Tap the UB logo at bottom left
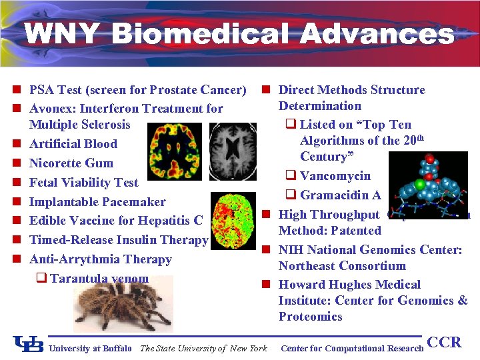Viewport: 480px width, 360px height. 28,344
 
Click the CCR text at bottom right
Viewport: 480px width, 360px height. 443,343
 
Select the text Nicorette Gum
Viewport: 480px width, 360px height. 71,163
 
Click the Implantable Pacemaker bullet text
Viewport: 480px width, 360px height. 97,202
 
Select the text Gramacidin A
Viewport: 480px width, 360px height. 340,195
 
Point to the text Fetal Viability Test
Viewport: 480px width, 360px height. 83,183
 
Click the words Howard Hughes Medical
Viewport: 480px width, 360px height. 349,285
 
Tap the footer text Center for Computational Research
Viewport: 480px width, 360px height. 352,348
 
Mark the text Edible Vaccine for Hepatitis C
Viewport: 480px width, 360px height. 116,221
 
